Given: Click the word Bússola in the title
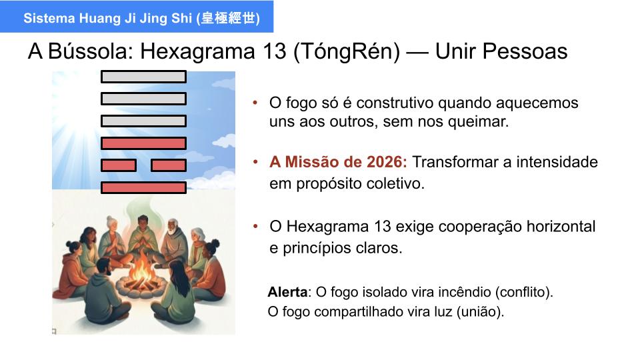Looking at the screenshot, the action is pyautogui.click(x=91, y=51).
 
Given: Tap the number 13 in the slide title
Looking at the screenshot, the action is pyautogui.click(x=275, y=51).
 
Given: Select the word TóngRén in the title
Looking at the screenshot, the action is pyautogui.click(x=347, y=52).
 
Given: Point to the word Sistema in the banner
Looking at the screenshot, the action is pyautogui.click(x=49, y=18).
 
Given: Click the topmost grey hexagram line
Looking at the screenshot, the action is pyautogui.click(x=144, y=77).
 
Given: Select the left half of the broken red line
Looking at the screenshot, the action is pyautogui.click(x=119, y=165).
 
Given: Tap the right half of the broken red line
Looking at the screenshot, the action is pyautogui.click(x=169, y=165).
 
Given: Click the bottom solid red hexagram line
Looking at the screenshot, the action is pyautogui.click(x=144, y=188).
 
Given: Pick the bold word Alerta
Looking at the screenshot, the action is pyautogui.click(x=287, y=292).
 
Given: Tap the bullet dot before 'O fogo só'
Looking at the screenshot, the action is pyautogui.click(x=255, y=103).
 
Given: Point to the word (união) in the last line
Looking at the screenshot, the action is pyautogui.click(x=481, y=312).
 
